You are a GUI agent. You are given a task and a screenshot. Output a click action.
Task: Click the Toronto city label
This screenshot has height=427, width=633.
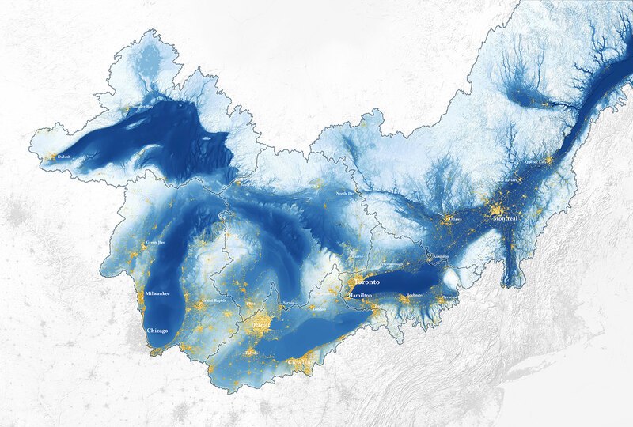[366, 282]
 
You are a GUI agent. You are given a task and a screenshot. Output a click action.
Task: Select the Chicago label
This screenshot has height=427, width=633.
[157, 330]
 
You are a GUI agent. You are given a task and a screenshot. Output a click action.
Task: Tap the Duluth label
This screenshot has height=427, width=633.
[63, 157]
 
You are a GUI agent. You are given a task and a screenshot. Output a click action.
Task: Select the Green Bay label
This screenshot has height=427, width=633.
[155, 242]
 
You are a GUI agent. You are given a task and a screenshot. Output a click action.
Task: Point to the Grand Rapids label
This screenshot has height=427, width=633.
[214, 301]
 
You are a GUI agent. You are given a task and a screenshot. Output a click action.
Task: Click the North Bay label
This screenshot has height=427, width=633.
[346, 193]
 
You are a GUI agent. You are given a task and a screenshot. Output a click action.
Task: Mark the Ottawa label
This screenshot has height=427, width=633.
[454, 219]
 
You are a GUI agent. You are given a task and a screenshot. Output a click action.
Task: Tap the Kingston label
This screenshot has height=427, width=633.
[440, 257]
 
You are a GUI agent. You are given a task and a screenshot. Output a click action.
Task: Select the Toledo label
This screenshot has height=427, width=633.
[252, 350]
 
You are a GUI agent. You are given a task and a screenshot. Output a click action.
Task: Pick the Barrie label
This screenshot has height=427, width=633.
[358, 256]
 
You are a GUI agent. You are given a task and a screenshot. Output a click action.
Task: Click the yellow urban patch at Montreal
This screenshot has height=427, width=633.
[498, 210]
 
